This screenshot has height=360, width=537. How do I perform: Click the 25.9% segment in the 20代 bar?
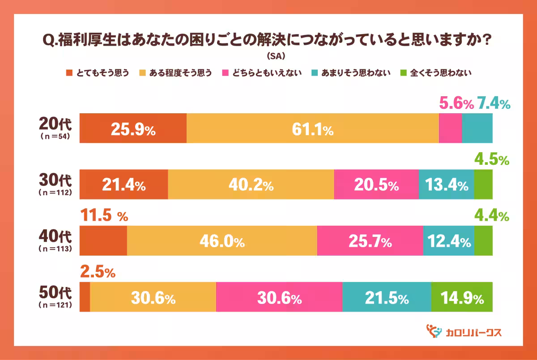pyautogui.click(x=133, y=129)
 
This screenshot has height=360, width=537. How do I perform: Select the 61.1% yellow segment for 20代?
pyautogui.click(x=312, y=129)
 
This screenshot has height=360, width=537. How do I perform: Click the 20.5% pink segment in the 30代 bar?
pyautogui.click(x=376, y=184)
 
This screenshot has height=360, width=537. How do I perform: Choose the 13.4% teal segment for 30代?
pyautogui.click(x=446, y=184)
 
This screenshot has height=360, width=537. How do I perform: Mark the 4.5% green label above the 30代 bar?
pyautogui.click(x=492, y=160)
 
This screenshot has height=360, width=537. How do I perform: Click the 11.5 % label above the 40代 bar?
pyautogui.click(x=104, y=216)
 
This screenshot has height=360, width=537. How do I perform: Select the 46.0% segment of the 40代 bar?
pyautogui.click(x=222, y=241)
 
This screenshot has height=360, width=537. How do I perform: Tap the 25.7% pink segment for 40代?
pyautogui.click(x=370, y=241)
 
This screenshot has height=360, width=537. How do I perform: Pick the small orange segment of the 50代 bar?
pyautogui.click(x=85, y=297)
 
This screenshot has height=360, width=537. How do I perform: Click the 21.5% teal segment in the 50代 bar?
pyautogui.click(x=387, y=297)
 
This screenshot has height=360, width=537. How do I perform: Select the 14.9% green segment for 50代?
pyautogui.click(x=462, y=297)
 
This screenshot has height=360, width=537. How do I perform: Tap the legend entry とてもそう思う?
pyautogui.click(x=98, y=73)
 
